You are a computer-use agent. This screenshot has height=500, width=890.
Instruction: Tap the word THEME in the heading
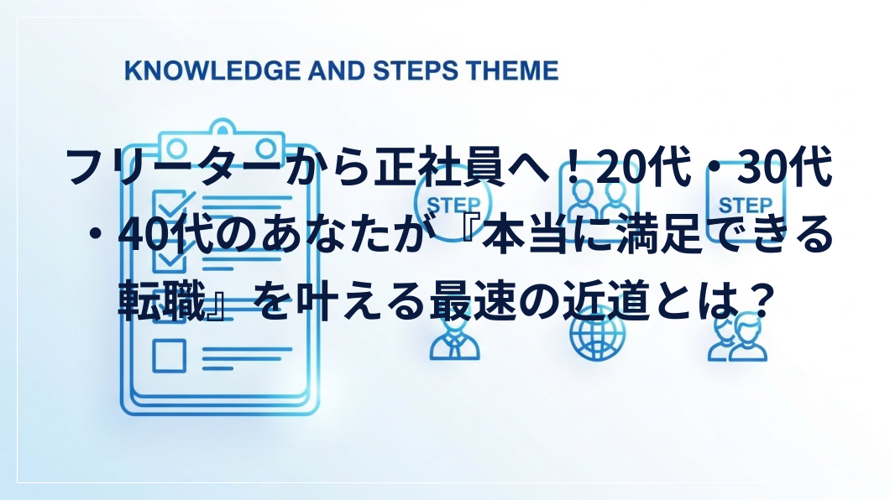pyautogui.click(x=512, y=70)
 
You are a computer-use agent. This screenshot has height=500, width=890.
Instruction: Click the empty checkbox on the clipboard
pyautogui.click(x=169, y=356)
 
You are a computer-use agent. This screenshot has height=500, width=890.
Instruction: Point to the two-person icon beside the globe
pyautogui.click(x=737, y=338)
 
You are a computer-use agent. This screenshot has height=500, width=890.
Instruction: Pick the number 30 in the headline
pyautogui.click(x=762, y=167)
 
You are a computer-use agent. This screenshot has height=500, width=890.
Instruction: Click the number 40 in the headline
pyautogui.click(x=143, y=235)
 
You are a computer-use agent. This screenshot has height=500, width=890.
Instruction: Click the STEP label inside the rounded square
pyautogui.click(x=746, y=205)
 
